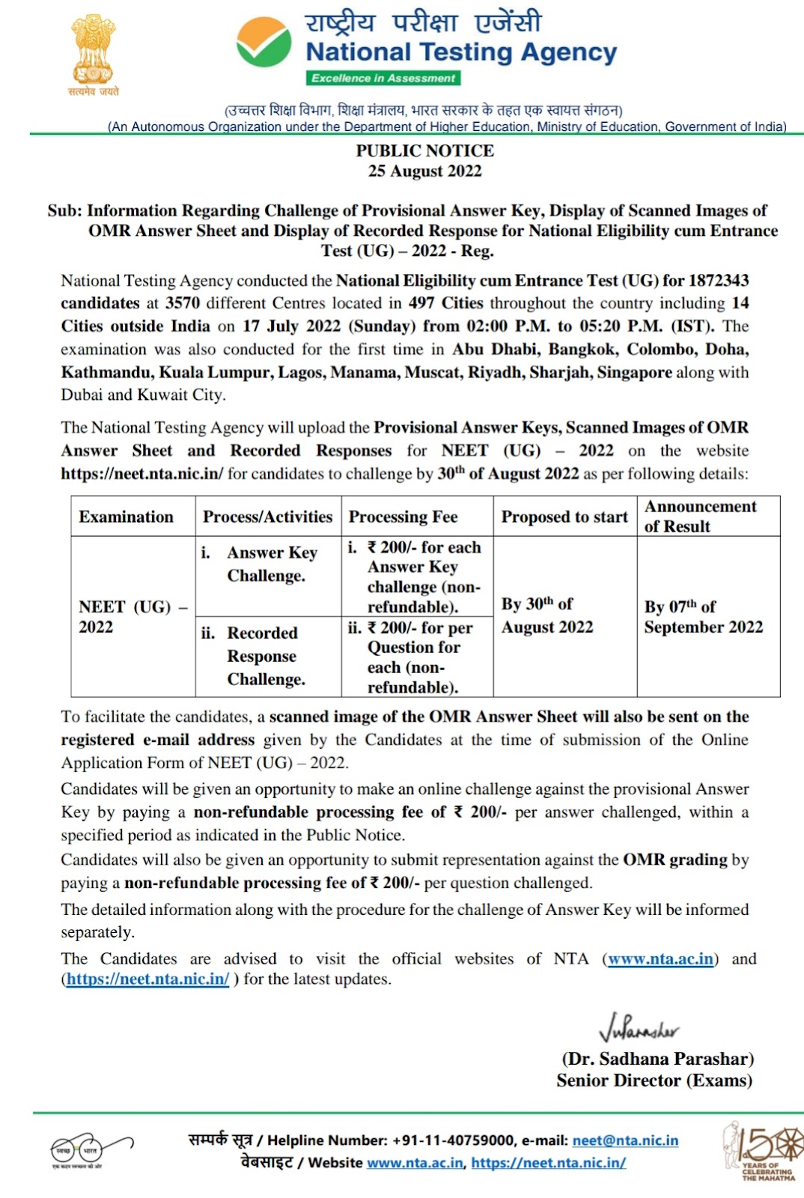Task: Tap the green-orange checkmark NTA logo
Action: tap(264, 43)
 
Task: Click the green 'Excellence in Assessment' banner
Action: tap(383, 78)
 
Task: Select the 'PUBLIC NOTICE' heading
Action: tap(424, 150)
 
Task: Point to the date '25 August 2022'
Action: tap(424, 171)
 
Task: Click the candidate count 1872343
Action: tap(719, 281)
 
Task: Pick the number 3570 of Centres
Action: tap(182, 303)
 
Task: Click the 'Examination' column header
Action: tap(126, 517)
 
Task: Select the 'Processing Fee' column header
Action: tap(403, 517)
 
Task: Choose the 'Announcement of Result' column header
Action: tap(700, 516)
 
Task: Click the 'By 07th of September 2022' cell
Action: tap(703, 616)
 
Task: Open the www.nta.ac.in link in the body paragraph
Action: tap(660, 959)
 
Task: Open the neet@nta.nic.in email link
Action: tap(625, 1140)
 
